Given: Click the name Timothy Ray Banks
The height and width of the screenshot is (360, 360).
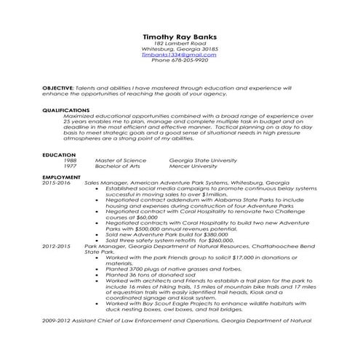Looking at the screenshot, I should tap(179, 37).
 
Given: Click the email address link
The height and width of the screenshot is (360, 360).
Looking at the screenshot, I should tap(179, 55).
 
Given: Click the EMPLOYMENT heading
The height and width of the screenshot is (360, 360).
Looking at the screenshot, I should tap(61, 177).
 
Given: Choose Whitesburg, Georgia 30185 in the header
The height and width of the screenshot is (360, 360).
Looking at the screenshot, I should tap(179, 49).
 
